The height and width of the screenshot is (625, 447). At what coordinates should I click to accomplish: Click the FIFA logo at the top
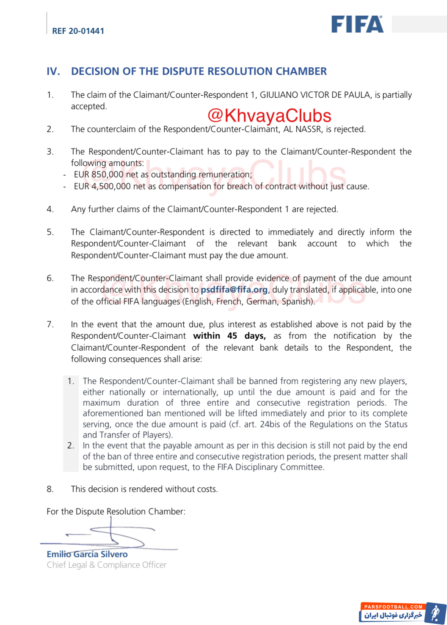coord(357,25)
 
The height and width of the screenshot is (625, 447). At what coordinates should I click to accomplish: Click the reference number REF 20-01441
coord(78,31)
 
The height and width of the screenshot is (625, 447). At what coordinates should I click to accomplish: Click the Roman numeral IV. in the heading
coord(53,72)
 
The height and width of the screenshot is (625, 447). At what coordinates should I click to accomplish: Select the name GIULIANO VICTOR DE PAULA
coord(315,95)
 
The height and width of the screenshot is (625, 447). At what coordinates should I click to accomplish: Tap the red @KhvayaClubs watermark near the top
coord(269,116)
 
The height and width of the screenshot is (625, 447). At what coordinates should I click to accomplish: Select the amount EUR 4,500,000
coord(102,186)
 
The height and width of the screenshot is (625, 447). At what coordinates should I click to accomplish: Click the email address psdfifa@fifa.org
coord(234,290)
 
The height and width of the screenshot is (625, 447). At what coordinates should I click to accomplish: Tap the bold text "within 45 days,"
coord(229,336)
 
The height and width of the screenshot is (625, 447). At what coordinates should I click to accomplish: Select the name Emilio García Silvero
coord(87,554)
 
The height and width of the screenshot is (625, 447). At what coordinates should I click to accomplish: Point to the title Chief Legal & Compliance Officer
coord(107,565)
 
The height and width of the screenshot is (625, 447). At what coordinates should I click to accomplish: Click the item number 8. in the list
coord(50,489)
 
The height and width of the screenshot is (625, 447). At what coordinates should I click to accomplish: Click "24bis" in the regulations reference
coord(270,424)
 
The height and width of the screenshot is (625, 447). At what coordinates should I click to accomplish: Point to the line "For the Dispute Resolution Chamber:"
coord(116,512)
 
